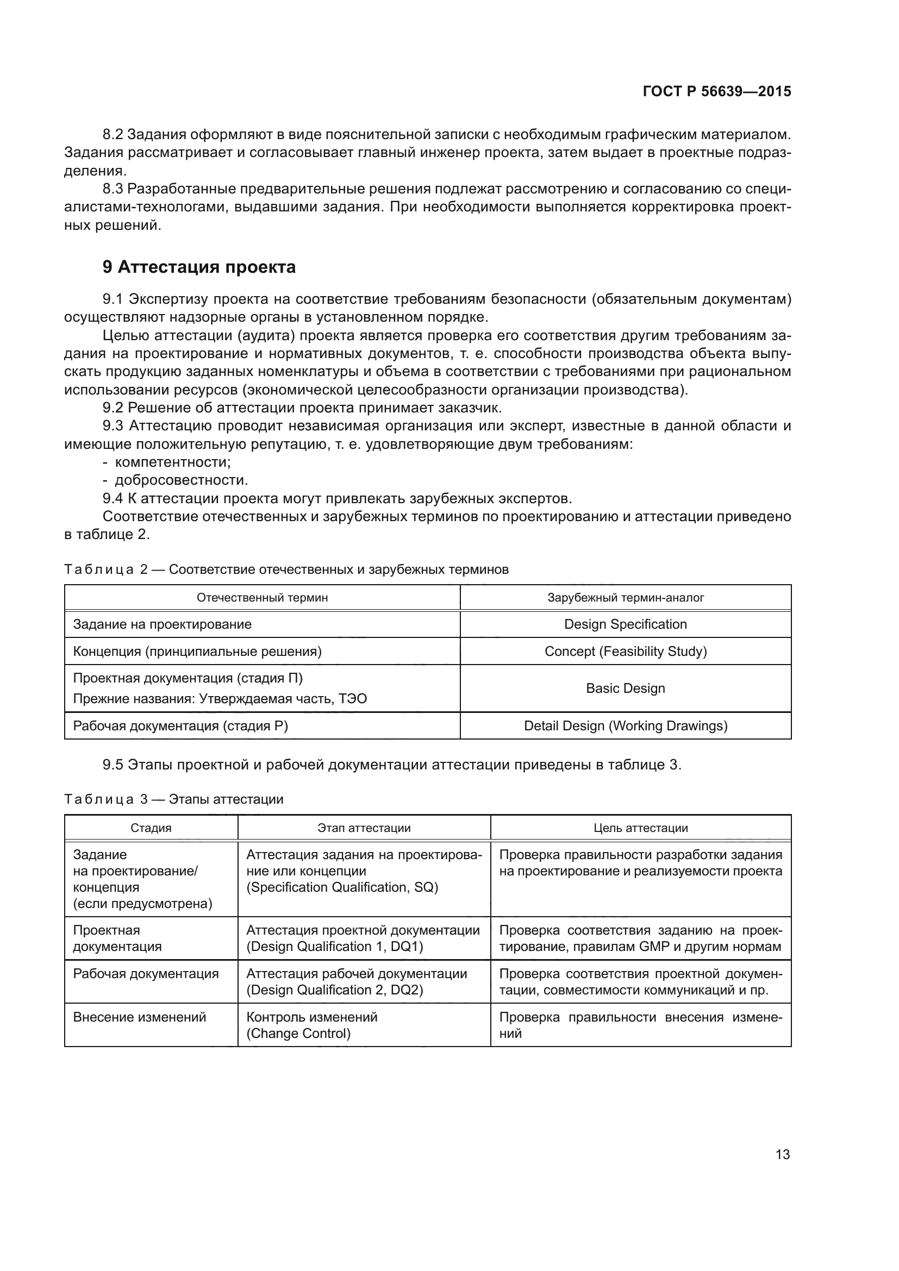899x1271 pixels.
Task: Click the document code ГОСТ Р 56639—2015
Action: [716, 91]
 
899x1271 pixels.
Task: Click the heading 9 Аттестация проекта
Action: [199, 267]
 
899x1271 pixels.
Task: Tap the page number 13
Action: [782, 1154]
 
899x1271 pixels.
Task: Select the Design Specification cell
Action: [625, 624]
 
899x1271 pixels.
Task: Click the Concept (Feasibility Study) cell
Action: [625, 651]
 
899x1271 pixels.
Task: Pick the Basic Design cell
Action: [625, 688]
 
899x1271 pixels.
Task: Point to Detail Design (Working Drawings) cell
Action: [625, 725]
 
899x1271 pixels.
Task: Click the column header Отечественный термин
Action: [262, 597]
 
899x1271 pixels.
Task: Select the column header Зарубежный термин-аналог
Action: [625, 597]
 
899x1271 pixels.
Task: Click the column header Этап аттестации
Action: [364, 828]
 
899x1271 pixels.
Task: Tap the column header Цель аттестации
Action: [640, 828]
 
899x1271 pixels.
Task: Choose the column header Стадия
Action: [151, 828]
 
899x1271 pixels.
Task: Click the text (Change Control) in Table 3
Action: [298, 1033]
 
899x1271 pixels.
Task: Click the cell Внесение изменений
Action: [140, 1017]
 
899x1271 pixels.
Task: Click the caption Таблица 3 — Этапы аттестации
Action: [174, 799]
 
